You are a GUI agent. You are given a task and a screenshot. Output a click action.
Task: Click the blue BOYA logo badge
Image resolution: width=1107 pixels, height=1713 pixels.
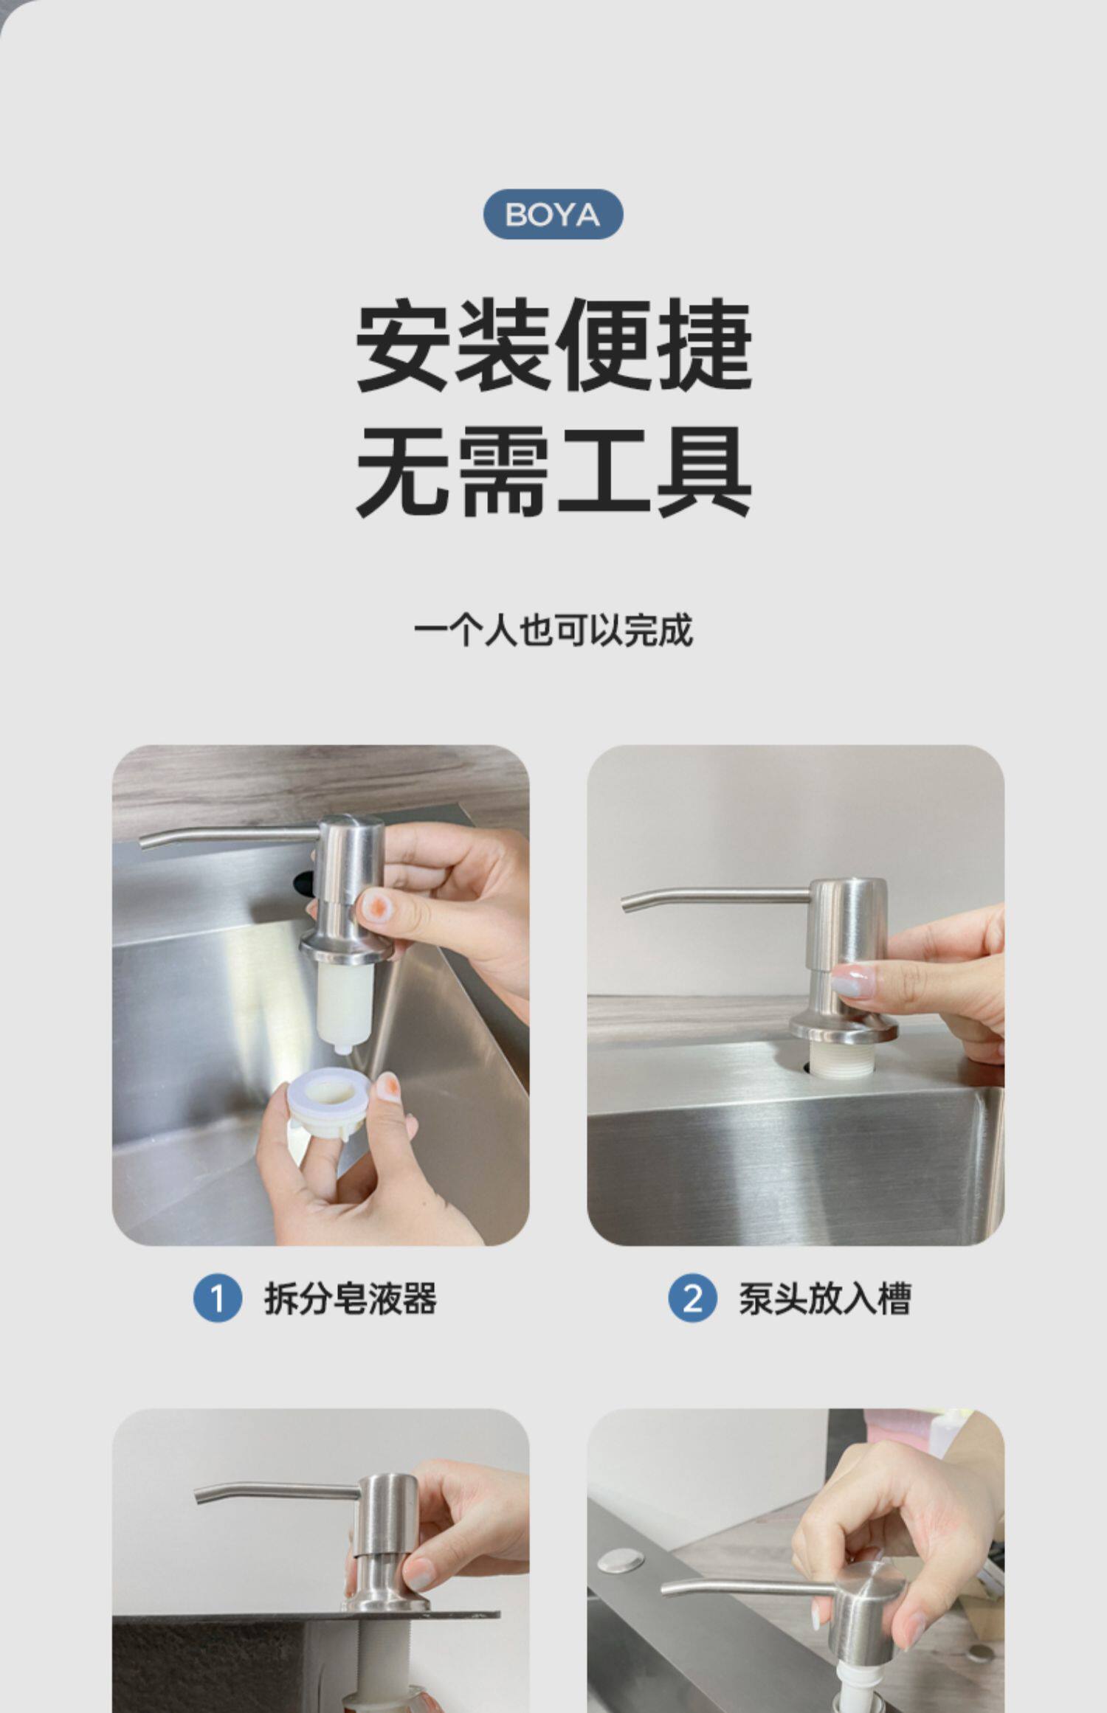(x=553, y=214)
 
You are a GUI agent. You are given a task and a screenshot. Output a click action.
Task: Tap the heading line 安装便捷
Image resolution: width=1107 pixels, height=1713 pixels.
(x=553, y=345)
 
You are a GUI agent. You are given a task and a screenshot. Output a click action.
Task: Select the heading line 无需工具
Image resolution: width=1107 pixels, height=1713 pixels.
(x=553, y=471)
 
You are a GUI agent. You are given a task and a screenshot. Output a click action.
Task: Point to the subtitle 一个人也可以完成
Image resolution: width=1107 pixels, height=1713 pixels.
(x=553, y=631)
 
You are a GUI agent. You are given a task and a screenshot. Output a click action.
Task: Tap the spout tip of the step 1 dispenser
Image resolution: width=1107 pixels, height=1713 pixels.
(x=144, y=843)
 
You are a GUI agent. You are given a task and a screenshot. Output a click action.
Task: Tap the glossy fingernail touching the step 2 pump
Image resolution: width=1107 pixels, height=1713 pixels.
(x=849, y=978)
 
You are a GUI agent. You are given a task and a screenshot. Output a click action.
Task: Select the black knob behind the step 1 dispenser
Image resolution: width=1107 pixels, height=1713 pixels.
(x=305, y=882)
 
